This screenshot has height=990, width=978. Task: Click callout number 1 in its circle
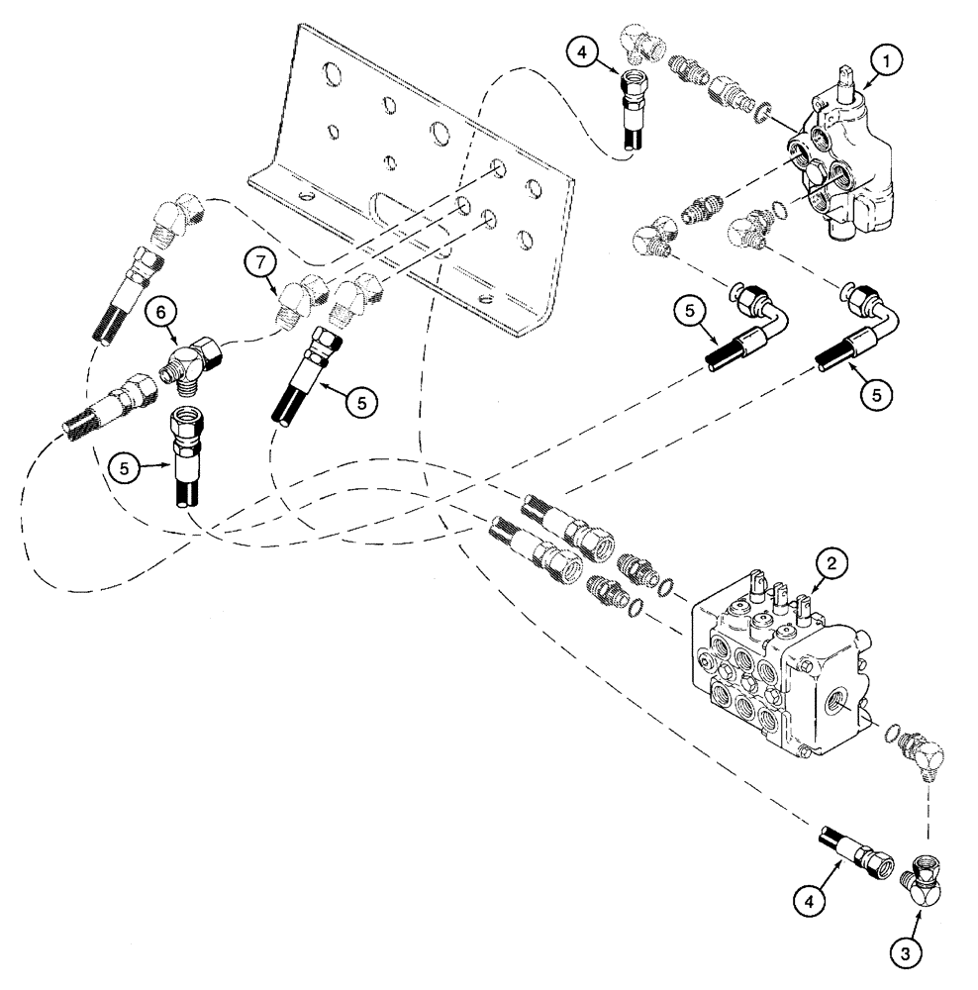coord(886,61)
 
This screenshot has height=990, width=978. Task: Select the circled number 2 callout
coord(831,564)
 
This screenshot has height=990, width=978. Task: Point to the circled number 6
coord(157,310)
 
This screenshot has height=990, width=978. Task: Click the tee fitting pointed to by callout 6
coord(193,354)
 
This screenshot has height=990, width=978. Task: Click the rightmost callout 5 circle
coord(876,392)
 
